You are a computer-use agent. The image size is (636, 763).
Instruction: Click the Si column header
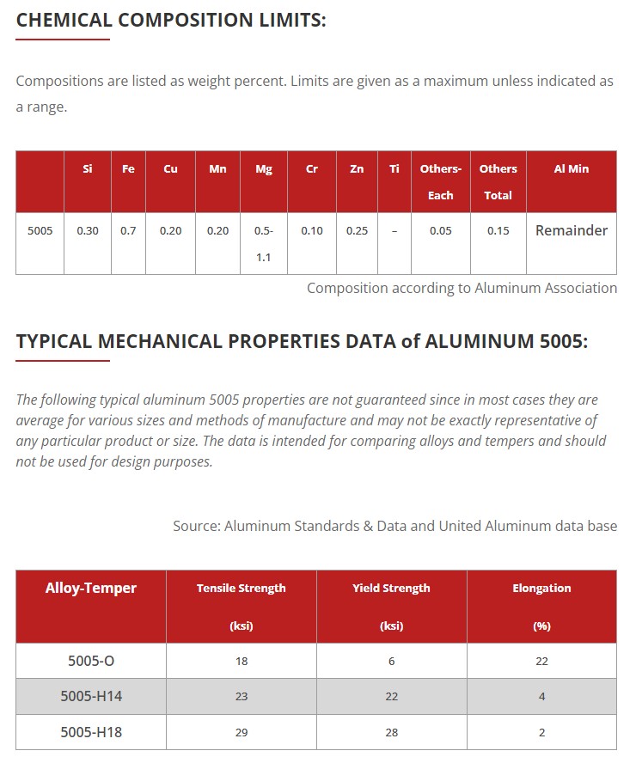[x=88, y=169]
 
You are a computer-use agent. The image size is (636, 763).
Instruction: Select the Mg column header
[x=264, y=169]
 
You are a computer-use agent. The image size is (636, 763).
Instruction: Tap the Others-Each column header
[x=440, y=181]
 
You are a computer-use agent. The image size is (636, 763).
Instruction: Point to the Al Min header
[x=572, y=169]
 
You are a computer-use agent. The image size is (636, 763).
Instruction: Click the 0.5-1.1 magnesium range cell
[x=264, y=243]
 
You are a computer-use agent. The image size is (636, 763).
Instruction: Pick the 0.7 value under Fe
[x=128, y=231]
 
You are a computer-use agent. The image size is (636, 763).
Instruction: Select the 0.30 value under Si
[x=88, y=231]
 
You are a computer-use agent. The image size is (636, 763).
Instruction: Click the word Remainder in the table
[x=572, y=230]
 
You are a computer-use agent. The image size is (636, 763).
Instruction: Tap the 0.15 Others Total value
[x=498, y=231]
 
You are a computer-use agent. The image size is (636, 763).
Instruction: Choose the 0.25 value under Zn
[x=357, y=231]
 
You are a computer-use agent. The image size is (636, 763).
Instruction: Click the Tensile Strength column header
[x=241, y=589]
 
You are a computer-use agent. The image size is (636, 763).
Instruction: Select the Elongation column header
[x=541, y=589]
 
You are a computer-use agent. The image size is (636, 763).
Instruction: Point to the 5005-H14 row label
[x=91, y=696]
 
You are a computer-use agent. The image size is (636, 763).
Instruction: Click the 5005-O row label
[x=91, y=661]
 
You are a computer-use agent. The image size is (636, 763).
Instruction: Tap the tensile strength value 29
[x=242, y=732]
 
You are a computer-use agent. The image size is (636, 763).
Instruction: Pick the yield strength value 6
[x=392, y=661]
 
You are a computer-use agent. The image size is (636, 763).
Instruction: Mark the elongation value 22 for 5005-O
[x=541, y=661]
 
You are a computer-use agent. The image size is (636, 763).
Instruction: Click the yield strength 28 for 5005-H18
[x=392, y=732]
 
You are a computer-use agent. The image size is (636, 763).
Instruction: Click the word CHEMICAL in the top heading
[x=65, y=20]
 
